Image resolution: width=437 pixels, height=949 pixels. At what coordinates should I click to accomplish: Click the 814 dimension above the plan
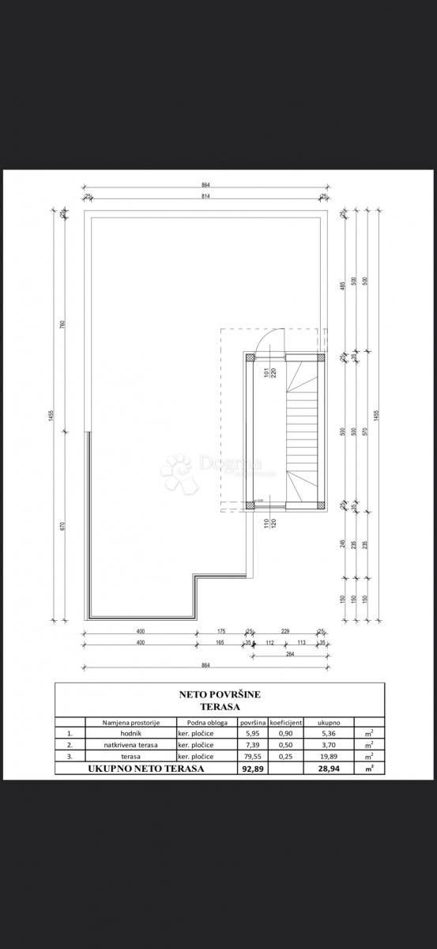(x=205, y=195)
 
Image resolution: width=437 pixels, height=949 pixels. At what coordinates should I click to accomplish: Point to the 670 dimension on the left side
(x=62, y=526)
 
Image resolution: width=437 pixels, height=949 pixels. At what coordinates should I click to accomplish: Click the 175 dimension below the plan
(x=220, y=630)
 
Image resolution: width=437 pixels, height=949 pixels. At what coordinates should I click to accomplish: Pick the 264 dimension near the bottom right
(x=289, y=653)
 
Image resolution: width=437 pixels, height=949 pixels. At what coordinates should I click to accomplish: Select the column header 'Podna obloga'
(x=207, y=722)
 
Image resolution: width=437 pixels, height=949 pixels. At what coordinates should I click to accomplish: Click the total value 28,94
(x=328, y=768)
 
